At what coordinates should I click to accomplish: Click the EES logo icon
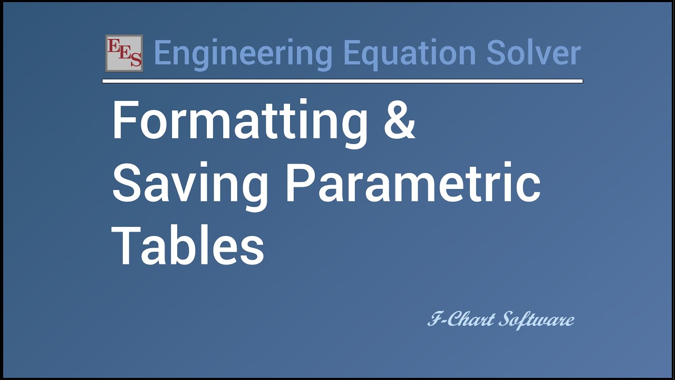124,53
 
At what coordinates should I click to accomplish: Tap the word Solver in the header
533,53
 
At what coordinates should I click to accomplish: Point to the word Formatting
240,121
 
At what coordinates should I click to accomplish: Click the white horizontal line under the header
343,81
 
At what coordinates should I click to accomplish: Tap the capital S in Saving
126,182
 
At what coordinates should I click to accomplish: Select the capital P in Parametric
300,182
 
